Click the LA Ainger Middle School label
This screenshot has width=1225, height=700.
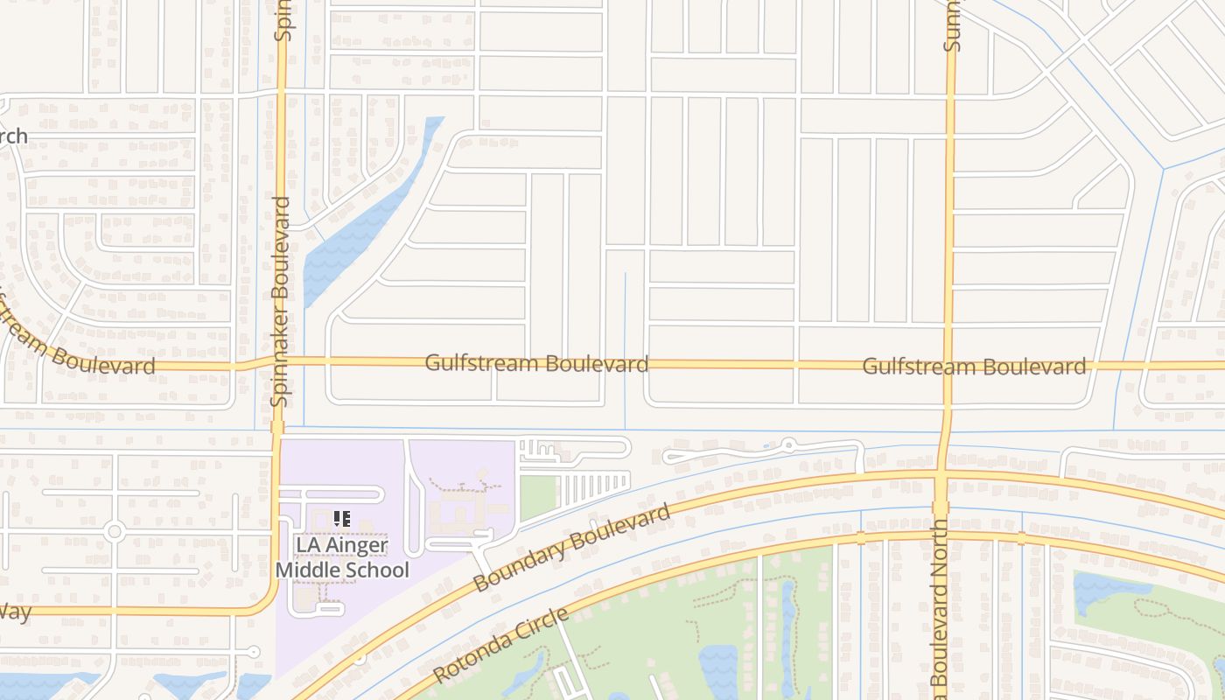(x=342, y=557)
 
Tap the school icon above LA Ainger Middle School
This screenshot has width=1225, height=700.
(x=342, y=519)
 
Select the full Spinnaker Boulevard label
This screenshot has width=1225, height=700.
(x=281, y=301)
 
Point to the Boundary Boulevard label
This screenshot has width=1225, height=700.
(x=571, y=547)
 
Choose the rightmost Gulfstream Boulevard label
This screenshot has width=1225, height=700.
(x=974, y=366)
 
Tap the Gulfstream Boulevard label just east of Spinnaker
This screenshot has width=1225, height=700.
(x=536, y=362)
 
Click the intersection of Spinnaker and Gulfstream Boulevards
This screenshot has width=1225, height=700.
(x=280, y=360)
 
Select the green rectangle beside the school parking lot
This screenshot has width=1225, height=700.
(x=538, y=497)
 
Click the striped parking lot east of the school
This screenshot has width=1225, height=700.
(x=593, y=488)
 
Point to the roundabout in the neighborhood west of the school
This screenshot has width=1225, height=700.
(x=114, y=531)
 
